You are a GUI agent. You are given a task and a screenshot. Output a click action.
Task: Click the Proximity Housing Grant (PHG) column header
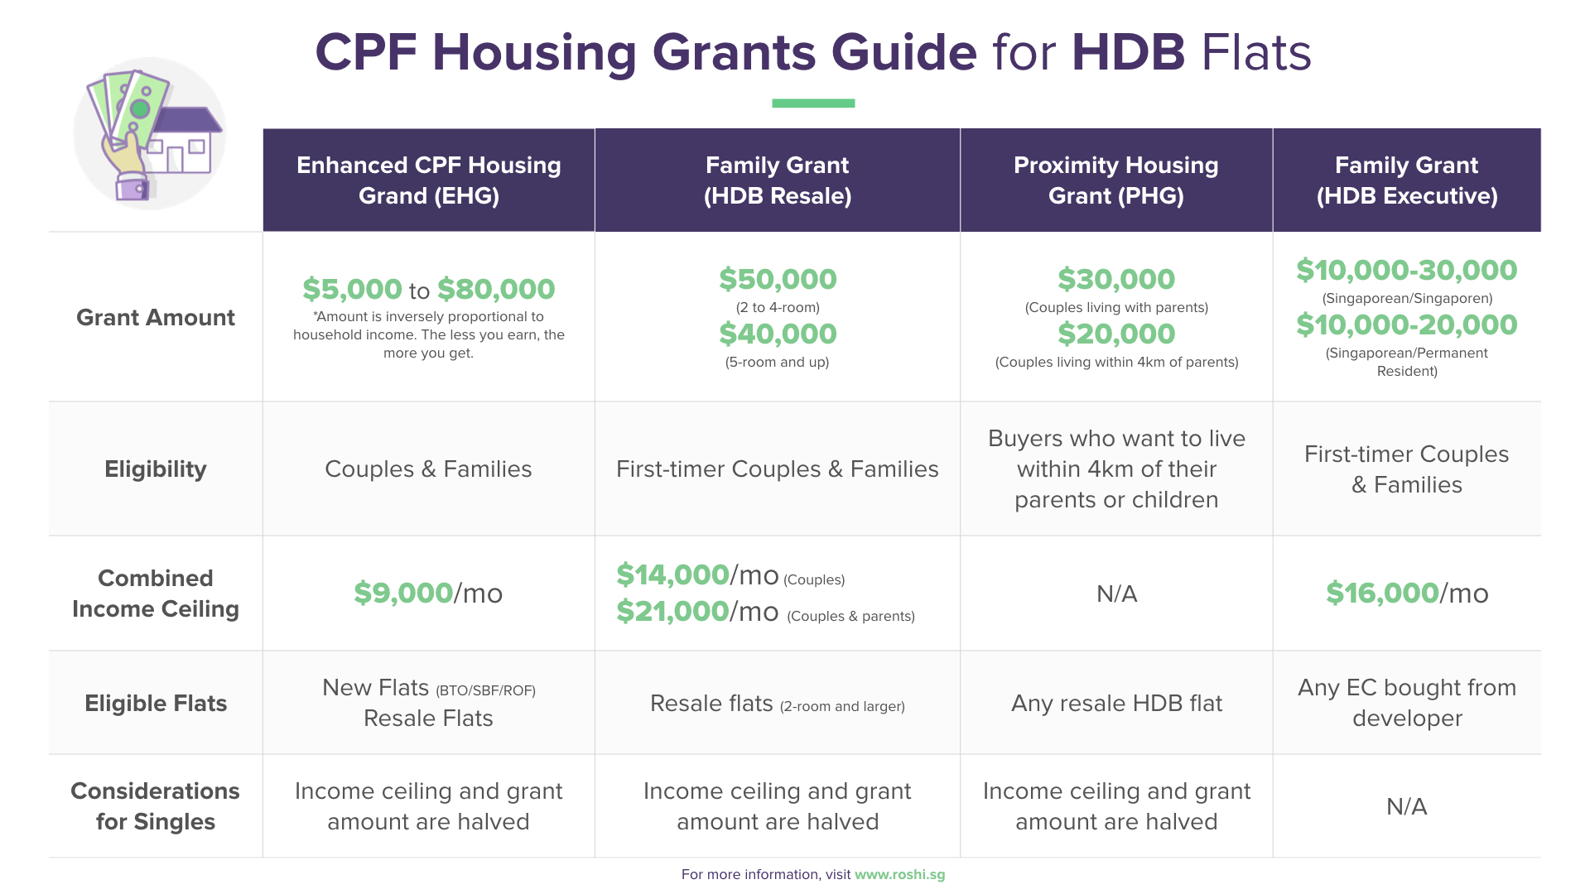coord(1115,180)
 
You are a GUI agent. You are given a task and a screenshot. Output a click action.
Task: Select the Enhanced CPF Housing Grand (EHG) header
coord(428,180)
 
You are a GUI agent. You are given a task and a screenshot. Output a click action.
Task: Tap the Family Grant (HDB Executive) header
coord(1406,180)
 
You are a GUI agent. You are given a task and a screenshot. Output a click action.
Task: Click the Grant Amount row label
coord(155,318)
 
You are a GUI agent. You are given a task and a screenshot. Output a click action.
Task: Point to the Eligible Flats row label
coord(155,704)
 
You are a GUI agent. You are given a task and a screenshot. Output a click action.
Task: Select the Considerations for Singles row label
coord(155,806)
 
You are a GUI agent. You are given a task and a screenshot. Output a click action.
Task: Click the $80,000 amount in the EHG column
coord(496,290)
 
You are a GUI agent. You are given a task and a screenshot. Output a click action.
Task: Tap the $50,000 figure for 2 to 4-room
coord(778,280)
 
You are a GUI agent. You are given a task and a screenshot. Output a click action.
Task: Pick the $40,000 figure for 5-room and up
coord(778,334)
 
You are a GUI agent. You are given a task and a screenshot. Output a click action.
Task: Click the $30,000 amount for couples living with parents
coord(1116,280)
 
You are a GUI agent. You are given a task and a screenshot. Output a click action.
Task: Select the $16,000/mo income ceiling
coord(1406,594)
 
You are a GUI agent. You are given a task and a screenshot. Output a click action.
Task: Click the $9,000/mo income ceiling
coord(428,594)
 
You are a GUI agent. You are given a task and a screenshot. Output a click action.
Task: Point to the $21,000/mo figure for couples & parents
coord(697,612)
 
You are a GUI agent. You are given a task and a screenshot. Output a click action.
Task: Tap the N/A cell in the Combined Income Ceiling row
coord(1116,594)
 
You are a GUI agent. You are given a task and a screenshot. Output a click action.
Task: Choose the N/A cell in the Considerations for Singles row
coord(1406,807)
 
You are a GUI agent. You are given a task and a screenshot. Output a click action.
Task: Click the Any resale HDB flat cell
coord(1116,704)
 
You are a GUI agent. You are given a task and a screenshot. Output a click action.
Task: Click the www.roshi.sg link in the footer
coord(899,875)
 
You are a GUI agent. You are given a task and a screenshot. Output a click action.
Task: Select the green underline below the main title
coord(812,103)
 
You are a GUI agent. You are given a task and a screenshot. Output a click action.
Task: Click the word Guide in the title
coord(903,52)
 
